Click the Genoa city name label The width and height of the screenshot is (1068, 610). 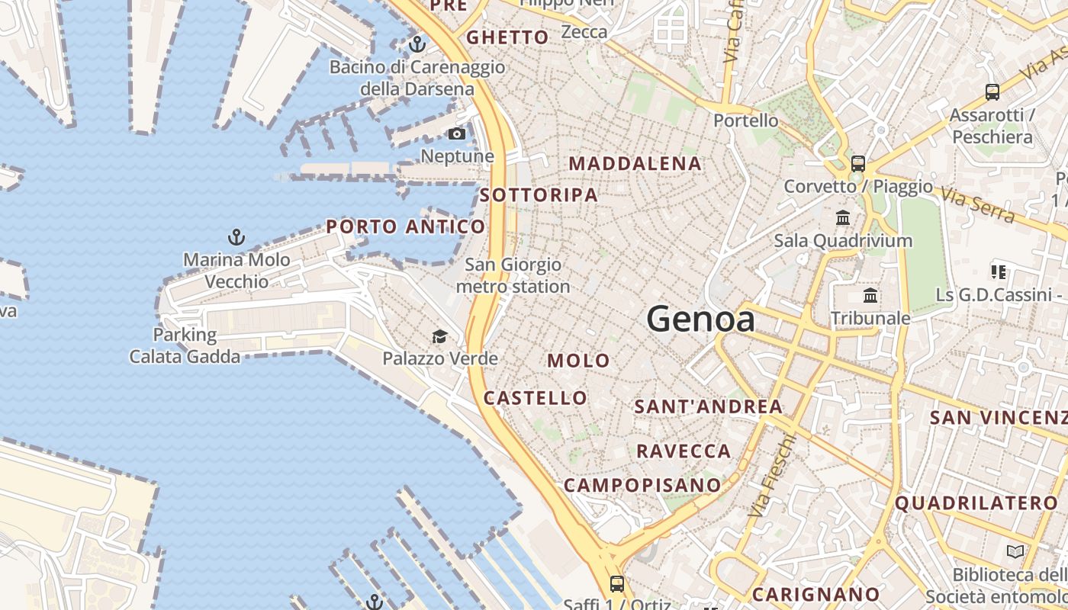click(x=701, y=319)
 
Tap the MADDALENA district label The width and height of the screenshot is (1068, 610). click(x=635, y=163)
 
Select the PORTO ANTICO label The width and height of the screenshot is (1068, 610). click(x=405, y=226)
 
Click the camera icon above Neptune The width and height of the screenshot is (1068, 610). click(x=456, y=134)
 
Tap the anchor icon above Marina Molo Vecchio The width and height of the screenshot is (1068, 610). click(x=236, y=237)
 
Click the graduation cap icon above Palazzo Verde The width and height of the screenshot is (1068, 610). click(x=439, y=336)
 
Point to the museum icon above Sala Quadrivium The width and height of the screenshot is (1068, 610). click(x=843, y=218)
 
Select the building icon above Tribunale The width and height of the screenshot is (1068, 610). click(x=870, y=296)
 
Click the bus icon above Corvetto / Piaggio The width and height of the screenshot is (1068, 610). click(x=858, y=163)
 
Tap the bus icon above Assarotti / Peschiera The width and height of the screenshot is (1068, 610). click(x=992, y=92)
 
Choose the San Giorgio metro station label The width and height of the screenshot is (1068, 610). click(x=513, y=275)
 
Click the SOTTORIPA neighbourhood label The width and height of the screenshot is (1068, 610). click(x=539, y=195)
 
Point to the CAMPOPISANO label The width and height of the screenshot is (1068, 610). click(x=642, y=485)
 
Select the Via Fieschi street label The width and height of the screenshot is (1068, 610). click(x=771, y=477)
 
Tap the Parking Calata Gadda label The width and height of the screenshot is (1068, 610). click(x=185, y=345)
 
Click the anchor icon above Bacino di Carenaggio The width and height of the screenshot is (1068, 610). click(x=417, y=44)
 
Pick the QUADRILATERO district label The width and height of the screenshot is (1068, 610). click(x=976, y=503)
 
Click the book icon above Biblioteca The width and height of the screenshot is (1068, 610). click(x=1015, y=551)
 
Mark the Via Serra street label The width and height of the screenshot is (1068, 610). click(x=977, y=205)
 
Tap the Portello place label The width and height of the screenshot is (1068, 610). click(x=745, y=120)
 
